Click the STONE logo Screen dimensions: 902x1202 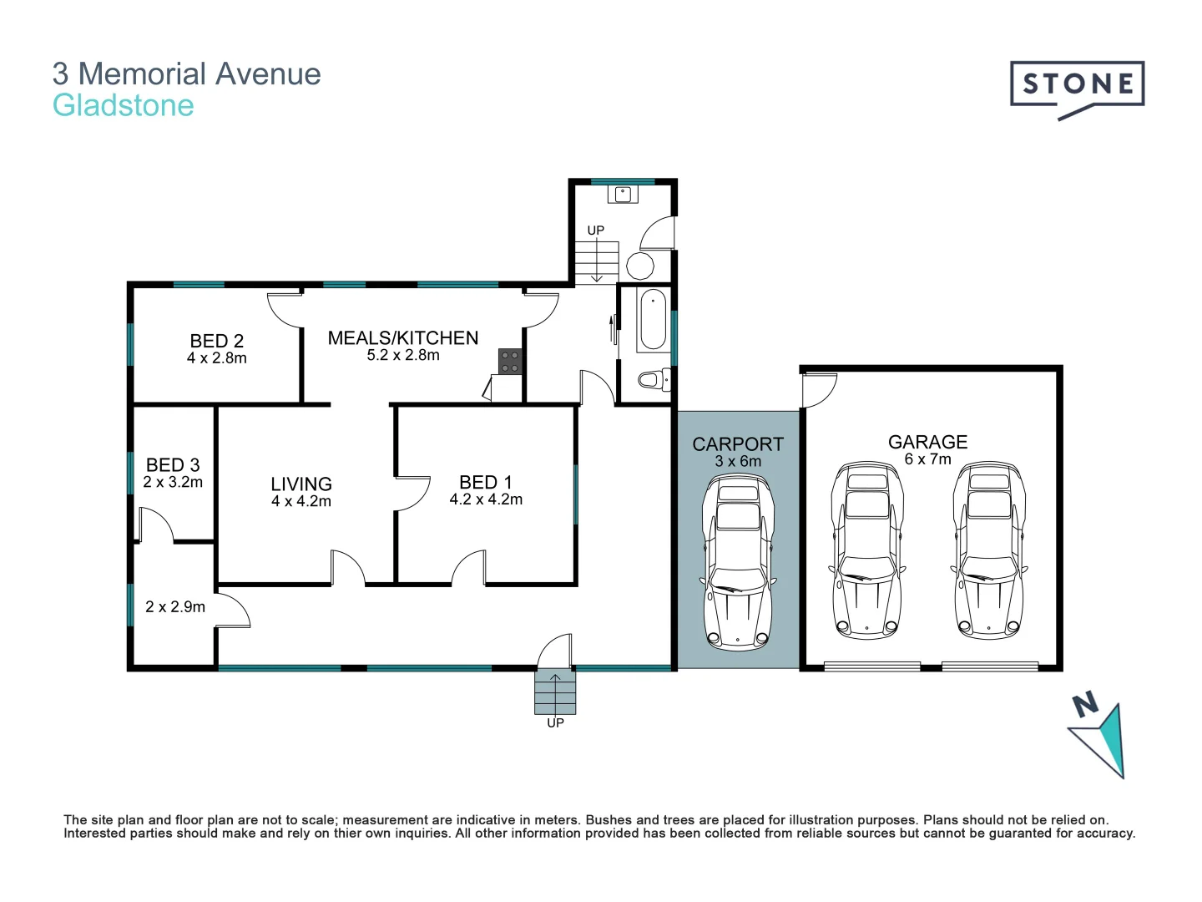pyautogui.click(x=1077, y=86)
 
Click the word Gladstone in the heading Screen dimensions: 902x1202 pyautogui.click(x=124, y=106)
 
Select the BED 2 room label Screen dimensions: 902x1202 pyautogui.click(x=216, y=341)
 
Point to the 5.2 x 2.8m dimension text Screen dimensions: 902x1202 pyautogui.click(x=403, y=356)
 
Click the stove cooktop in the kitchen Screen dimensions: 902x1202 pyautogui.click(x=510, y=362)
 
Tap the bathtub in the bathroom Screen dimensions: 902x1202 pyautogui.click(x=652, y=320)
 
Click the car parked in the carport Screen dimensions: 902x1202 pyautogui.click(x=738, y=561)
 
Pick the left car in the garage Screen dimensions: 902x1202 pyautogui.click(x=867, y=551)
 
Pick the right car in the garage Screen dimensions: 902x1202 pyautogui.click(x=989, y=551)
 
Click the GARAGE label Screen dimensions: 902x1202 pyautogui.click(x=927, y=442)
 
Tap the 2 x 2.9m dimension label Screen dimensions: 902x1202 pyautogui.click(x=175, y=607)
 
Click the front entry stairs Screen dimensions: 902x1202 pyautogui.click(x=555, y=692)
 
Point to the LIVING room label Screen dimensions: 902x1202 pyautogui.click(x=301, y=484)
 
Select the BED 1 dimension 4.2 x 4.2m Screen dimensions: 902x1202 pyautogui.click(x=486, y=499)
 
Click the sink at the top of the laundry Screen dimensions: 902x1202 pyautogui.click(x=623, y=195)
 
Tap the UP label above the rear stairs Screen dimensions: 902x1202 pyautogui.click(x=595, y=231)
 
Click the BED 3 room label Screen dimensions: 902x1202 pyautogui.click(x=173, y=465)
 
